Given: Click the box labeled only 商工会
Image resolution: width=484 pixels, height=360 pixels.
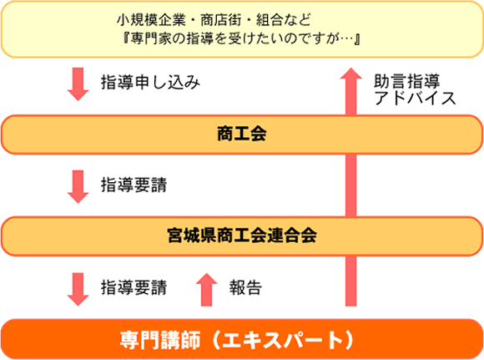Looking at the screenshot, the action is [242, 134].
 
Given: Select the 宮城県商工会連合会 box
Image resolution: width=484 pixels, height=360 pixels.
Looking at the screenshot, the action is [242, 236].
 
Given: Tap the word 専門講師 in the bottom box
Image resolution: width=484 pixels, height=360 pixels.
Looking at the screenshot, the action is [160, 340].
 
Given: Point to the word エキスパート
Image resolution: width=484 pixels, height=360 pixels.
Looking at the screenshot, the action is [282, 340].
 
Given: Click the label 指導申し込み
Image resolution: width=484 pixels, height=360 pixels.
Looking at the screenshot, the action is [151, 83].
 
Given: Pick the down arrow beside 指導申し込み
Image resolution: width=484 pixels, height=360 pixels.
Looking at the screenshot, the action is [78, 84].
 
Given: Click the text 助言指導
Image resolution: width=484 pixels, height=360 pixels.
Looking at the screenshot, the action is [407, 81].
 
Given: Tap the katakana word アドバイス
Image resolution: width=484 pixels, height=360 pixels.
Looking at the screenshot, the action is [415, 98].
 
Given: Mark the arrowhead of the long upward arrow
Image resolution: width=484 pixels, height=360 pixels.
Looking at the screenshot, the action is [351, 73].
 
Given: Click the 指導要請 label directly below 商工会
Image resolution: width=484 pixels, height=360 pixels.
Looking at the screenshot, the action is [134, 185].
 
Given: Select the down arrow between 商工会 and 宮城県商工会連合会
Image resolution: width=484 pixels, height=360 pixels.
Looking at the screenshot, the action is [78, 186].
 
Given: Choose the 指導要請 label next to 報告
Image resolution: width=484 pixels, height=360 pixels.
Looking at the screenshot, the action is [134, 287].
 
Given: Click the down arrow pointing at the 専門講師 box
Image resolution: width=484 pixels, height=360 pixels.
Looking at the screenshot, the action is [78, 289].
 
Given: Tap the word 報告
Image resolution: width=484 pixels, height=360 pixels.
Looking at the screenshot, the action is [245, 287].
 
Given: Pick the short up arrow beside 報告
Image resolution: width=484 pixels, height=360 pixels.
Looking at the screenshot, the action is [206, 290].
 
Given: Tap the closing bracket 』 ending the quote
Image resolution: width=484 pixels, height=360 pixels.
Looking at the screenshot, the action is [357, 39].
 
